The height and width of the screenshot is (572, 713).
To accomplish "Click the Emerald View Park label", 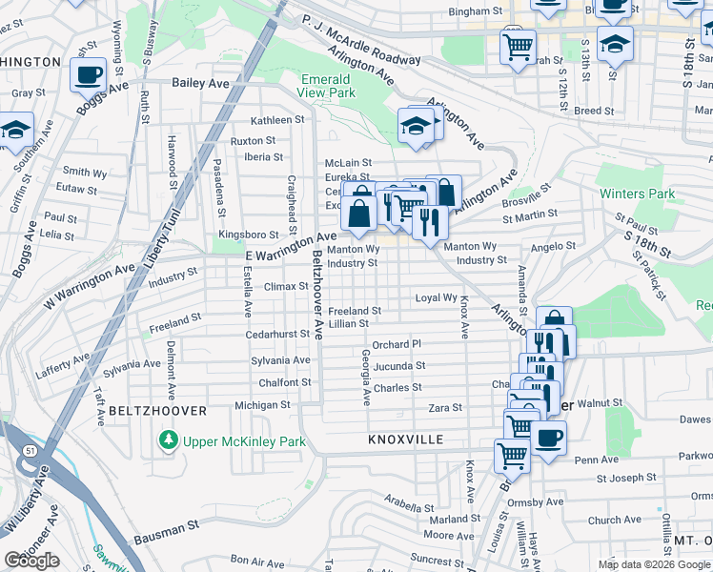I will coord(328,86).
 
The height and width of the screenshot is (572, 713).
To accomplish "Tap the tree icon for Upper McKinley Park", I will coord(168,440).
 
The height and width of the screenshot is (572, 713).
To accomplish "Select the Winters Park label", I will coord(638,194).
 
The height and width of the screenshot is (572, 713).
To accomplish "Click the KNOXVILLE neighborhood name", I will coord(406,439).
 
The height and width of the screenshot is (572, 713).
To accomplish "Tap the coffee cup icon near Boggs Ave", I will coord(89,74).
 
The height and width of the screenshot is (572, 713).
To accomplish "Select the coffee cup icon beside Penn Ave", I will coord(548,439).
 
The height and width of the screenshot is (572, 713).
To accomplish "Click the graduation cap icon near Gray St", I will coord(15,129).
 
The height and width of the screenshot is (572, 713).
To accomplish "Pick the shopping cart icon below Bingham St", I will coord(517,45).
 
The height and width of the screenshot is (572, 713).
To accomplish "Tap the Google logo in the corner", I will coord(31,560).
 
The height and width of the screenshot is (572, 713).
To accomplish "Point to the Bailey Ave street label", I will coord(200,84).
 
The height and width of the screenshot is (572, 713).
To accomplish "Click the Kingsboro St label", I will coord(248,234).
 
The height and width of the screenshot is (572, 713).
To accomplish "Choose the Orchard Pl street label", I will coord(397,344).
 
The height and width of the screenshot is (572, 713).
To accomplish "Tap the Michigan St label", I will coord(262,405).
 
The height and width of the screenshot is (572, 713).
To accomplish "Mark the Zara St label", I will coord(444,407).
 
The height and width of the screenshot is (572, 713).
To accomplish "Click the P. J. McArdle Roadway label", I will coord(360,38).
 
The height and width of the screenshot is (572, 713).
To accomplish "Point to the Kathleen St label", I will coord(277,120).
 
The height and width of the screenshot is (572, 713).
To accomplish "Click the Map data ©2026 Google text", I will coord(653,564).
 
